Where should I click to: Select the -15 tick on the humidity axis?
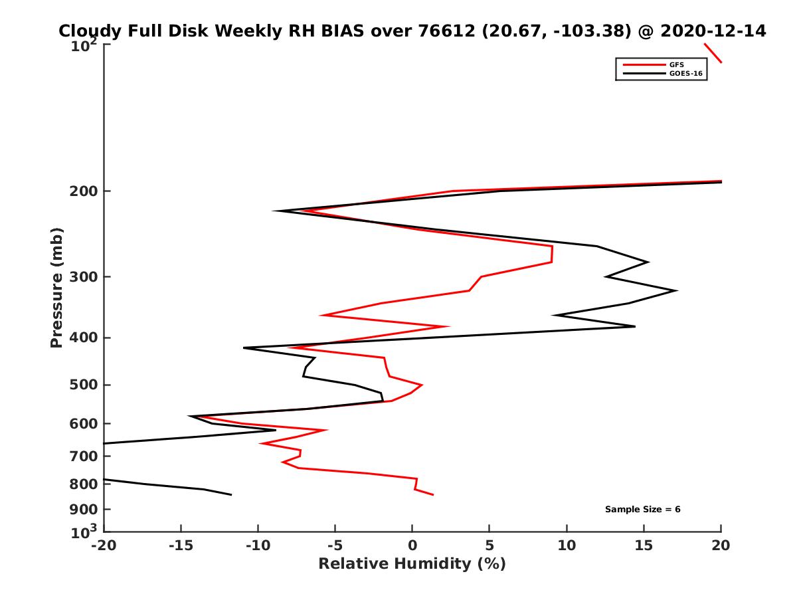181,546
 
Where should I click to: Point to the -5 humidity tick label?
335,546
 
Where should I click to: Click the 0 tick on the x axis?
412,546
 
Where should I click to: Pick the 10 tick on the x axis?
567,546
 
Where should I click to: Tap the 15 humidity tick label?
644,546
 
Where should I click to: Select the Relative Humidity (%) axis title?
412,564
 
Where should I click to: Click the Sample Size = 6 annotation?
642,510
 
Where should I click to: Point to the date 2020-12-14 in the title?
710,31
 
